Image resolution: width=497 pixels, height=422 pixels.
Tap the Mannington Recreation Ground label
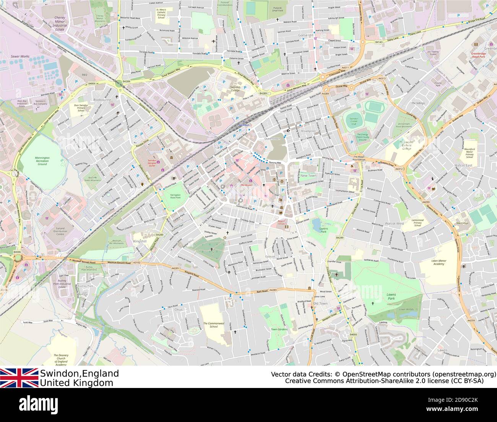(x=42, y=161)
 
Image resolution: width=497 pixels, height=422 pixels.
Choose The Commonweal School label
(x=211, y=325)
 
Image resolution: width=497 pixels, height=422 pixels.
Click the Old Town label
(x=320, y=304)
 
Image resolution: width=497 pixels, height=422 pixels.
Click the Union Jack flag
(x=19, y=378)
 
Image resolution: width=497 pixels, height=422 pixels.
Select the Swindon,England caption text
(x=80, y=373)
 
